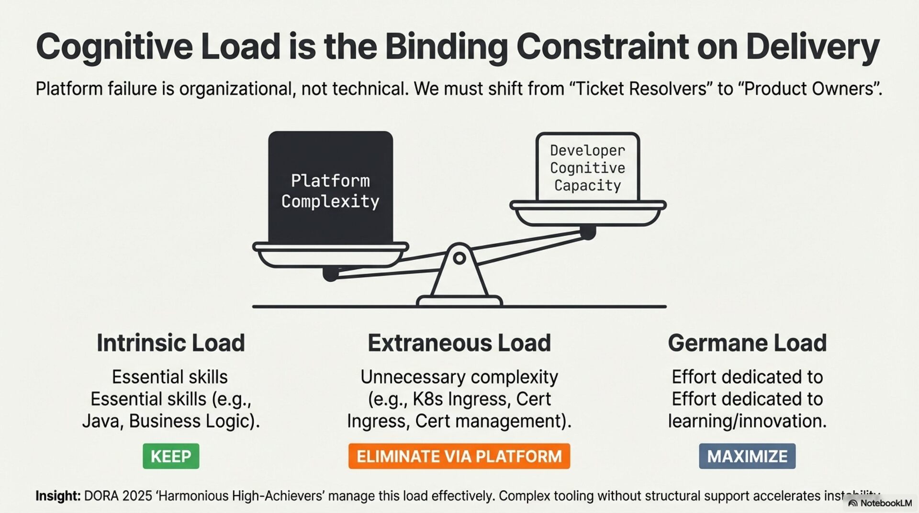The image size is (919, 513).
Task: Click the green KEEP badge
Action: tap(171, 456)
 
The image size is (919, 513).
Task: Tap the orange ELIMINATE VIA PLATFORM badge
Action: tap(459, 456)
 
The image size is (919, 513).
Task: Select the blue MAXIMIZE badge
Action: tap(747, 456)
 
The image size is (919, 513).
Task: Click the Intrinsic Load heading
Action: tap(171, 343)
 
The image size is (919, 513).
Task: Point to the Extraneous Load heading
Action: tap(459, 343)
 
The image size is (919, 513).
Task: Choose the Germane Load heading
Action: tap(747, 343)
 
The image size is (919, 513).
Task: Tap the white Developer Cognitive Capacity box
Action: tap(587, 167)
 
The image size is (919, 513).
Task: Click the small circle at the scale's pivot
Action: tap(459, 258)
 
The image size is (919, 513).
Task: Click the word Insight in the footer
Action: tap(57, 496)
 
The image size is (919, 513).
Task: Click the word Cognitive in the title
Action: tap(114, 47)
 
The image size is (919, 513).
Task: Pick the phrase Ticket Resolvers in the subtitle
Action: tap(641, 89)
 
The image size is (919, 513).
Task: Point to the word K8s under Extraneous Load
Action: tap(427, 399)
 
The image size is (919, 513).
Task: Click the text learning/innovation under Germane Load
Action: tap(747, 421)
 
